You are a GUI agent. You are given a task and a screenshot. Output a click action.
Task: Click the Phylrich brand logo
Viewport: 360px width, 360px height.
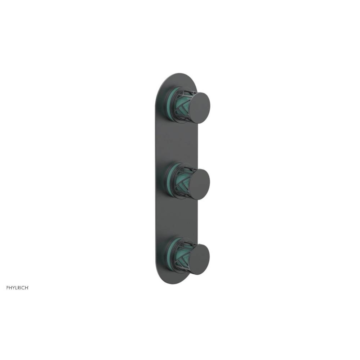17,287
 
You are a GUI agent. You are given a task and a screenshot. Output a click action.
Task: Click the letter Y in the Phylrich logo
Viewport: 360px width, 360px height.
13,287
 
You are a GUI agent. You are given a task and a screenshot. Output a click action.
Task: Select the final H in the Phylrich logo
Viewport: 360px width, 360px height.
27,287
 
